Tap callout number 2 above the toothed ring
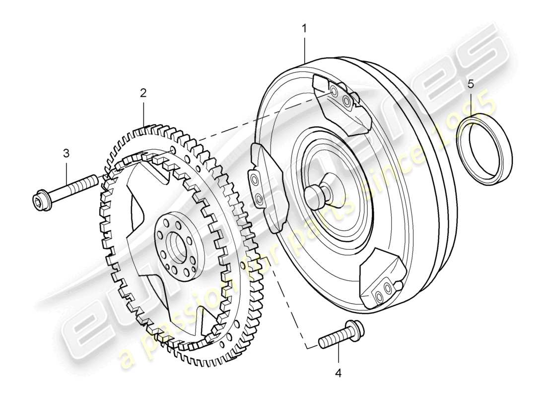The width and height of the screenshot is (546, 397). (143, 93)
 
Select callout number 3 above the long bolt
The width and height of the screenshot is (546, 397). (66, 153)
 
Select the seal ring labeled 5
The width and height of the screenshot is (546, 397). (484, 149)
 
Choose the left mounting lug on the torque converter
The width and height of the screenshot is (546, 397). (263, 184)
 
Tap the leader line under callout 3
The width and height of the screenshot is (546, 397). (66, 171)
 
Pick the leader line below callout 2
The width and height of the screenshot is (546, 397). (143, 112)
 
